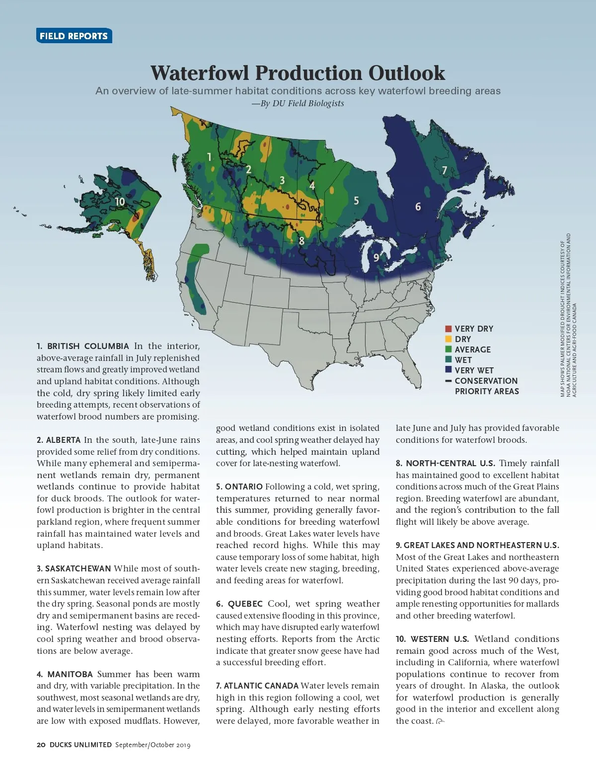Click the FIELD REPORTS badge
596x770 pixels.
point(74,36)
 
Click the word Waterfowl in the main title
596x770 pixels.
point(200,73)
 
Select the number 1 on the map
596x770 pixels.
point(209,157)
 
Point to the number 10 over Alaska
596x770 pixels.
point(120,202)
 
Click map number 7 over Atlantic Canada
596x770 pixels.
point(445,170)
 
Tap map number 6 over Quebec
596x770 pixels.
point(418,207)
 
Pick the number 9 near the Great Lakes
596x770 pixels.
point(376,257)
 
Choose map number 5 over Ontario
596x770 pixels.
point(356,201)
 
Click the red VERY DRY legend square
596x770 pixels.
point(448,329)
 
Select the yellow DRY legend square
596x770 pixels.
point(448,339)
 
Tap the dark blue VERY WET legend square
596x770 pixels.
point(448,370)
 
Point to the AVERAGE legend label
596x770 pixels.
point(472,350)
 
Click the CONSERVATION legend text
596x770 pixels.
point(486,381)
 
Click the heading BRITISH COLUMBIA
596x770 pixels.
point(88,346)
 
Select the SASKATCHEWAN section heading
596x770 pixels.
point(78,568)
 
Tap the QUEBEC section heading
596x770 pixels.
point(245,604)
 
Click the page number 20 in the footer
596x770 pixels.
point(41,745)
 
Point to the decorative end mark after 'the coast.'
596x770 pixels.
point(440,721)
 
